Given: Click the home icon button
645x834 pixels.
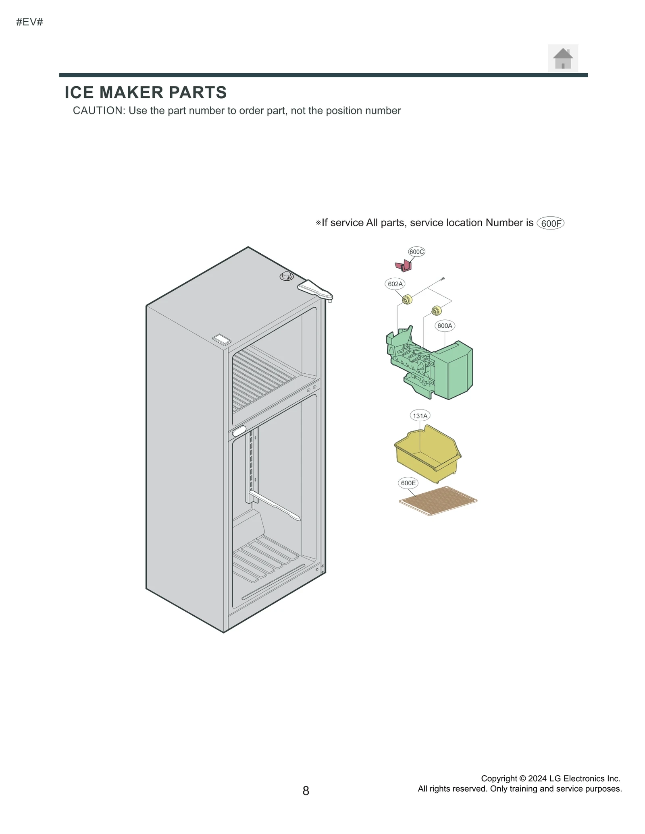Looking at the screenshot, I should tap(562, 58).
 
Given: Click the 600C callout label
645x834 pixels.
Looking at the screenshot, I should tap(416, 252).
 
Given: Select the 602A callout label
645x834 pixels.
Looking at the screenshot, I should tap(395, 284).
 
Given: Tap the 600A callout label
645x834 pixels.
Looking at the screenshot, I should tap(445, 326).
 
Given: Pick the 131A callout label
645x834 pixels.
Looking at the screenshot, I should tap(420, 416).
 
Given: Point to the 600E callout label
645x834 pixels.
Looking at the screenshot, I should tap(408, 483).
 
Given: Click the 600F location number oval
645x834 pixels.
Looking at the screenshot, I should tap(550, 223).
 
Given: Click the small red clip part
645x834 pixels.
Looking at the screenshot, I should tap(403, 266).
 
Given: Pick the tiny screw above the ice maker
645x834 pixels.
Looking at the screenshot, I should tap(443, 278).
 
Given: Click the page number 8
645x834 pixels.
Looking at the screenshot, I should tap(306, 791).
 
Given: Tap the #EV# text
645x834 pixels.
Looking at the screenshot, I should tap(29, 22).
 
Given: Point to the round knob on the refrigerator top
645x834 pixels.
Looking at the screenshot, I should tap(287, 276).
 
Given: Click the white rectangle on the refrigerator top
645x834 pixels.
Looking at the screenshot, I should tap(222, 339).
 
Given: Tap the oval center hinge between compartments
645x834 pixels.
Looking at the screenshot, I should tap(239, 431).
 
